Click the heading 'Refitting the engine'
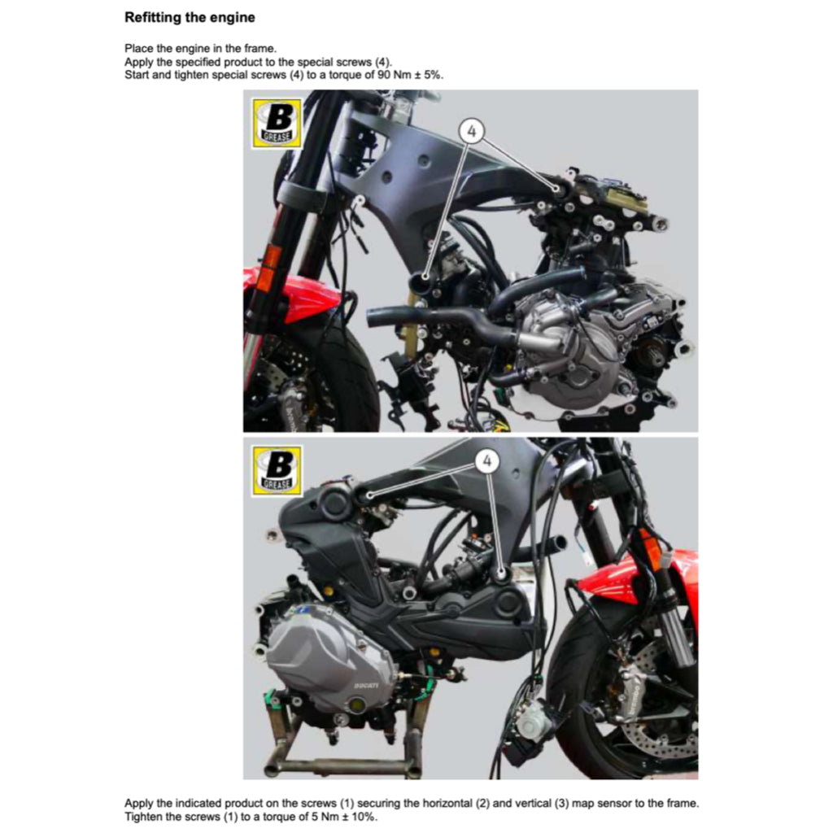pyautogui.click(x=189, y=17)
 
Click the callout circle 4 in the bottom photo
pyautogui.click(x=486, y=461)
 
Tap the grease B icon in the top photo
pyautogui.click(x=277, y=123)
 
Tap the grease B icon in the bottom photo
pyautogui.click(x=277, y=470)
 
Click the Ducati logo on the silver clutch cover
pyautogui.click(x=366, y=686)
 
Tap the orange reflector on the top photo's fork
pyautogui.click(x=271, y=261)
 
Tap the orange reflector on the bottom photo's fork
pyautogui.click(x=651, y=549)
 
